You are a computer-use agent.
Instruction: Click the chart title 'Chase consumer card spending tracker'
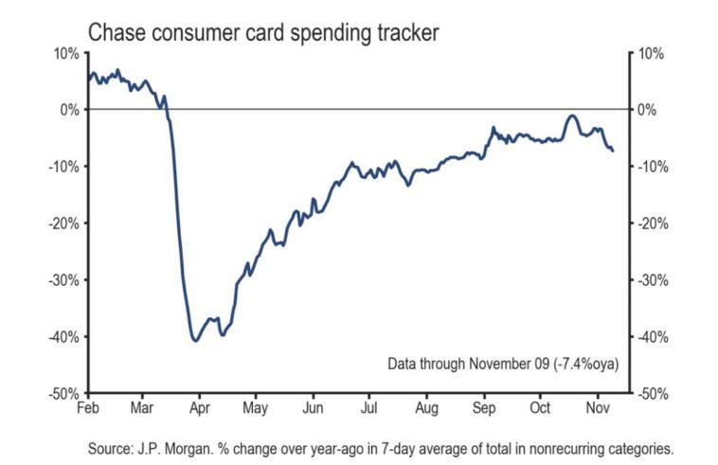[x=263, y=31]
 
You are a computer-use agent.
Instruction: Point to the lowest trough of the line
[x=195, y=340]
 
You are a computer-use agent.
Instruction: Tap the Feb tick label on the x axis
[x=88, y=408]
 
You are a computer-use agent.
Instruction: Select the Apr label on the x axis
[x=200, y=408]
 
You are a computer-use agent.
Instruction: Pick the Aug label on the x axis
[x=427, y=408]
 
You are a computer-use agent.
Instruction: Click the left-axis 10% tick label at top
[x=65, y=53]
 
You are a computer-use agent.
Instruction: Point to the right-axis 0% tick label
[x=648, y=110]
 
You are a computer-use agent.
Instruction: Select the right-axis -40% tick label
[x=652, y=336]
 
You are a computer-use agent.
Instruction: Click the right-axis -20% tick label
[x=652, y=224]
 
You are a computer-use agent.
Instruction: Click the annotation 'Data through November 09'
[x=460, y=364]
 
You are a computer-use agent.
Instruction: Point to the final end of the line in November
[x=613, y=151]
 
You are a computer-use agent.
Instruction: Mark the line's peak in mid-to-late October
[x=571, y=116]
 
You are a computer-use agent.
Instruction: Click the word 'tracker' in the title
[x=407, y=31]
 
